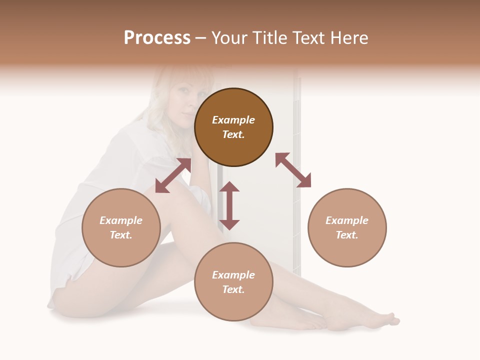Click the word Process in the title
pyautogui.click(x=157, y=38)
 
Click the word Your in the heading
pyautogui.click(x=229, y=38)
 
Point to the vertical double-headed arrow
pyautogui.click(x=229, y=205)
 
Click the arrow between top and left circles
pyautogui.click(x=173, y=175)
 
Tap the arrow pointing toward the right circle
pyautogui.click(x=293, y=170)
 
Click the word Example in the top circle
pyautogui.click(x=233, y=120)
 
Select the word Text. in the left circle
pyautogui.click(x=121, y=235)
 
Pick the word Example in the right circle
pyautogui.click(x=347, y=220)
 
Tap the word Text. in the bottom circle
pyautogui.click(x=233, y=289)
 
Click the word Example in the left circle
pyautogui.click(x=121, y=220)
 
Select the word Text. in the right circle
pyautogui.click(x=347, y=235)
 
